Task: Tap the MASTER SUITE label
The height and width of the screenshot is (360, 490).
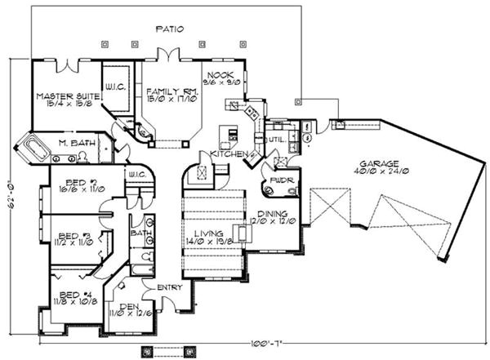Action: [x=67, y=96]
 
